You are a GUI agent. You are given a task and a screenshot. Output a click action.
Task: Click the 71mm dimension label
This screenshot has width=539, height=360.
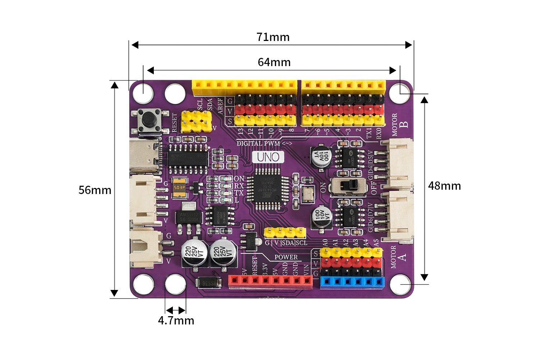(x=273, y=37)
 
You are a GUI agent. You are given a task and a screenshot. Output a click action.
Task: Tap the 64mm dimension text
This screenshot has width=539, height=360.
(x=274, y=62)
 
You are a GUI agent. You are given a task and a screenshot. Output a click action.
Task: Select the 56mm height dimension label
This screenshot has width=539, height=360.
(x=95, y=190)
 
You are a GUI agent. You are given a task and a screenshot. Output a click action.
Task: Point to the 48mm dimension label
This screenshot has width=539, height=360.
(x=444, y=186)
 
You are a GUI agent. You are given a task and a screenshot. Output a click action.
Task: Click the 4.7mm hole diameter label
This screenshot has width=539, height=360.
(x=176, y=320)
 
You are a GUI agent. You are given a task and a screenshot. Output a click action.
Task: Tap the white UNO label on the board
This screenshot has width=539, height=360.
(x=268, y=157)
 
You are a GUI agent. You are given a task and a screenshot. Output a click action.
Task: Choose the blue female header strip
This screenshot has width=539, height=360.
(x=352, y=282)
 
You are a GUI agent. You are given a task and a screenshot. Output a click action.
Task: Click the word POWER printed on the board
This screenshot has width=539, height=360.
(x=286, y=257)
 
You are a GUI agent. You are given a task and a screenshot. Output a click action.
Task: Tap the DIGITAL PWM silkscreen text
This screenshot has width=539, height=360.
(x=258, y=143)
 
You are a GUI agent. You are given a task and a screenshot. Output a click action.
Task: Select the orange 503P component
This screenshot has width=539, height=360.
(x=179, y=188)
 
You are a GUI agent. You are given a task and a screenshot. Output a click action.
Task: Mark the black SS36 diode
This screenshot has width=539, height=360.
(x=208, y=283)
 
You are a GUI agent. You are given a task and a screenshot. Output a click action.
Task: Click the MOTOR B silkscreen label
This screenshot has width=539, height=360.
(x=399, y=125)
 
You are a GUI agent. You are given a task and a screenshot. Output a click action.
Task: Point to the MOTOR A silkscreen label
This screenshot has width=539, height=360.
(x=398, y=257)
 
